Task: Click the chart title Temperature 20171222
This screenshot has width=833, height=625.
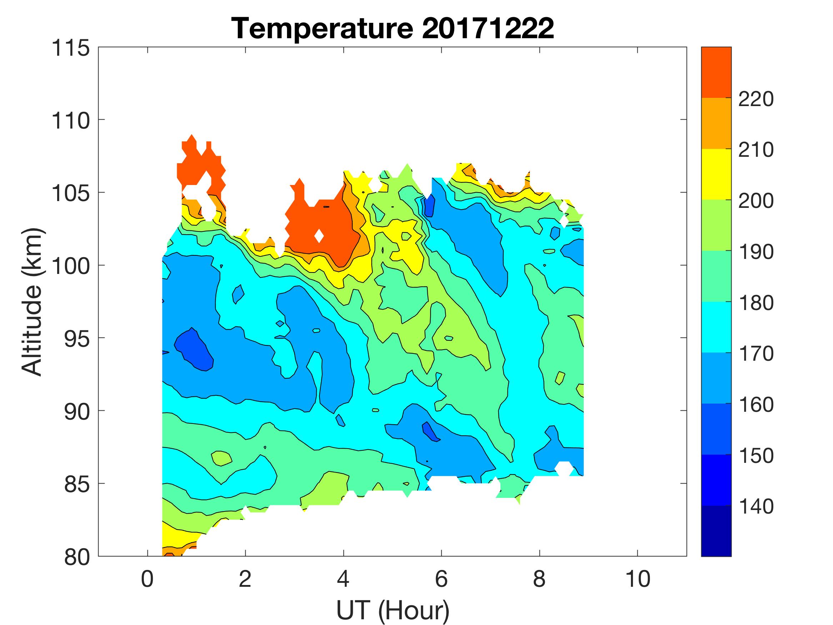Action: click(392, 29)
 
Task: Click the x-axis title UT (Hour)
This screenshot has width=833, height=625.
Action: click(392, 610)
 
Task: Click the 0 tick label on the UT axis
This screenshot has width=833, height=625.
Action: click(147, 579)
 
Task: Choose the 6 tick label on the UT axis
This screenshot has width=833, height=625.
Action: click(441, 579)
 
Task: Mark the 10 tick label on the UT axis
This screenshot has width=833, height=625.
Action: click(638, 579)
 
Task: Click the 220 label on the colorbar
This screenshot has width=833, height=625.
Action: click(756, 99)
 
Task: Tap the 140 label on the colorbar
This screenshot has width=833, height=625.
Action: click(756, 507)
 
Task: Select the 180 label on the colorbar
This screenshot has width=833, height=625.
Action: click(756, 303)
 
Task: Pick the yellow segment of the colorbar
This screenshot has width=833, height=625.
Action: click(716, 174)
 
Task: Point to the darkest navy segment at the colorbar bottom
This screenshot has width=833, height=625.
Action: click(716, 530)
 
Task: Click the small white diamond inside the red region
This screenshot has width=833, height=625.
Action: click(319, 236)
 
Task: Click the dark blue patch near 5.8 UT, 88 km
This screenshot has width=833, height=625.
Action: click(430, 431)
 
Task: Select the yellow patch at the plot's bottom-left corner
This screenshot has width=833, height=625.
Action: click(175, 537)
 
